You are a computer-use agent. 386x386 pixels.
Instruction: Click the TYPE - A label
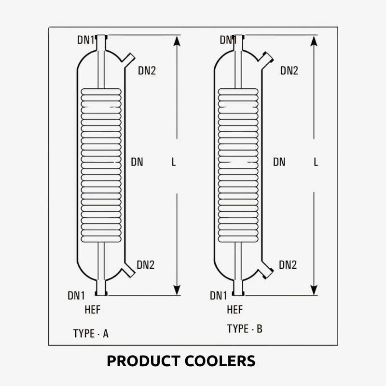(91, 333)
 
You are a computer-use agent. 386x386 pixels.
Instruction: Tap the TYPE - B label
(245, 329)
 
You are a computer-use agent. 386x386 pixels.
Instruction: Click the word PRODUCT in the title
(143, 361)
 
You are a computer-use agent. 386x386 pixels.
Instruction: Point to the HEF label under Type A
(92, 310)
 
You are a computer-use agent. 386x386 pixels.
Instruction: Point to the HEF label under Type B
(234, 310)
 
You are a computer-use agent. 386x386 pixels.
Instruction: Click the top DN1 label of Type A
(86, 40)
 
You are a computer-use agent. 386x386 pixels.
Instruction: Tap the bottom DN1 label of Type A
(76, 295)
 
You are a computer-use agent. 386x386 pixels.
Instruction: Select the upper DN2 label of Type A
(147, 71)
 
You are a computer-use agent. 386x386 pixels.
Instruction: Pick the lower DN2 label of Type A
(145, 264)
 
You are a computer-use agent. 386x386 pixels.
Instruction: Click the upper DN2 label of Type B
(289, 71)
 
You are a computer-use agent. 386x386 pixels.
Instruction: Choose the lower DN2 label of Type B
(288, 264)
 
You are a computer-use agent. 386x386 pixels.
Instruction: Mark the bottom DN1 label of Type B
(219, 295)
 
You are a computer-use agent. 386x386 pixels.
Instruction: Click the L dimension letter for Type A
(174, 162)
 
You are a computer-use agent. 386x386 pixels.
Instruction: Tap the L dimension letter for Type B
(316, 162)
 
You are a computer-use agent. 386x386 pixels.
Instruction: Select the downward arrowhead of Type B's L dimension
(315, 289)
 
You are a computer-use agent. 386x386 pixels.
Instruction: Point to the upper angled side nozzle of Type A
(128, 60)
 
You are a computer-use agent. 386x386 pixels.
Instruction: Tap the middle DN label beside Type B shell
(279, 162)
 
